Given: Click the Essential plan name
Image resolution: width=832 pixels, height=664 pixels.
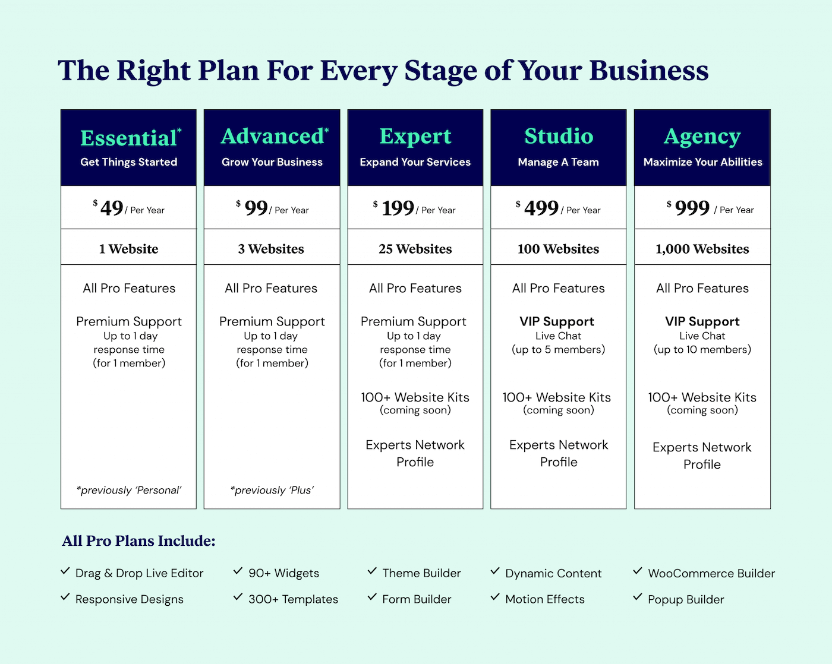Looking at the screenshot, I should [x=129, y=138].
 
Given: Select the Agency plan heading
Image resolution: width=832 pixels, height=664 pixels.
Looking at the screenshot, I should [x=702, y=137].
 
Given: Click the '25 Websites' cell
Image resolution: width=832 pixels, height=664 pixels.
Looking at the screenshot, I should [x=415, y=249].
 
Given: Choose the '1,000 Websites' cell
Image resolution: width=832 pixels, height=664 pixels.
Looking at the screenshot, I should [x=702, y=249].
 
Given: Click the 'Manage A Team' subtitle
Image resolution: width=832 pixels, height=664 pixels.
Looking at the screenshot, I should [x=559, y=162].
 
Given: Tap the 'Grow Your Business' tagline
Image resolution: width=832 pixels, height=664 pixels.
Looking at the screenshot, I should [x=272, y=162].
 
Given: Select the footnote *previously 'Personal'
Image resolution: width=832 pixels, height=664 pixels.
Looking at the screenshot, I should [x=129, y=490].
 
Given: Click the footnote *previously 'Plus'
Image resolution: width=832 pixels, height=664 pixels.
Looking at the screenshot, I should [x=272, y=490].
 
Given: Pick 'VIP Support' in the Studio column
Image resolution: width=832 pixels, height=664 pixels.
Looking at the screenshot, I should [x=557, y=321].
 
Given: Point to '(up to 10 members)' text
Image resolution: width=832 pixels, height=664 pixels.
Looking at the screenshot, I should [x=702, y=349].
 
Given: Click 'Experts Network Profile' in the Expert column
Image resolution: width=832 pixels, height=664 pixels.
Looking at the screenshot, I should [x=415, y=453].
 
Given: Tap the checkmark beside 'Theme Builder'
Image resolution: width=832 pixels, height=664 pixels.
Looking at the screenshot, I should [x=372, y=571].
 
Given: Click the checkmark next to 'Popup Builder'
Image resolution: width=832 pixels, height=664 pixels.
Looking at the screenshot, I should [x=638, y=597].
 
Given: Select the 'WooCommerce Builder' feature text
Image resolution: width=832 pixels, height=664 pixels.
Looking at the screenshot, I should [x=711, y=573].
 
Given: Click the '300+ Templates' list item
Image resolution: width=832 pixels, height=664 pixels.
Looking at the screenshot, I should [x=293, y=599].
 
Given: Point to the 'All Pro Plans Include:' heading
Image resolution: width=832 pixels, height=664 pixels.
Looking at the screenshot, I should [x=138, y=541].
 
